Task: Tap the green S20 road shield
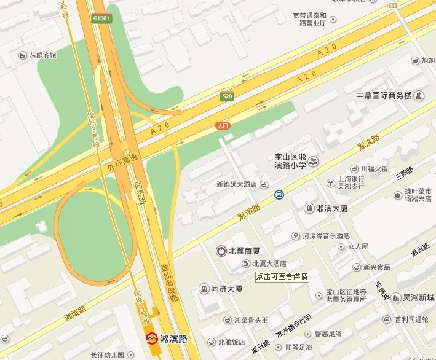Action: (227, 96)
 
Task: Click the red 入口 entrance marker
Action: (223, 125)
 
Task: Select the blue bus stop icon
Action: (279, 195)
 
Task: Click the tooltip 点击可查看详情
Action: (282, 276)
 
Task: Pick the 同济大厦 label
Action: (226, 289)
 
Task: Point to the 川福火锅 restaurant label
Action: (374, 169)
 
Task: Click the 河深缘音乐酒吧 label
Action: (325, 236)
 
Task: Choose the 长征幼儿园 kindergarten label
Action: (108, 355)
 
